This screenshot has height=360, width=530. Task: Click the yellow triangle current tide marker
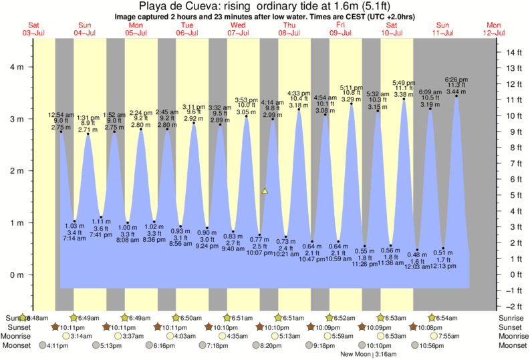pyautogui.click(x=265, y=191)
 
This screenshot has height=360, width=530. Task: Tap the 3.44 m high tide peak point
pyautogui.click(x=456, y=96)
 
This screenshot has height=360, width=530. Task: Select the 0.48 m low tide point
pyautogui.click(x=417, y=250)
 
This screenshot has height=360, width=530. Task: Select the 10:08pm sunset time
pyautogui.click(x=426, y=327)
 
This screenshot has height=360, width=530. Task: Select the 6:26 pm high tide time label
pyautogui.click(x=456, y=79)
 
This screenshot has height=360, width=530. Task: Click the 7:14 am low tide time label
pyautogui.click(x=74, y=238)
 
